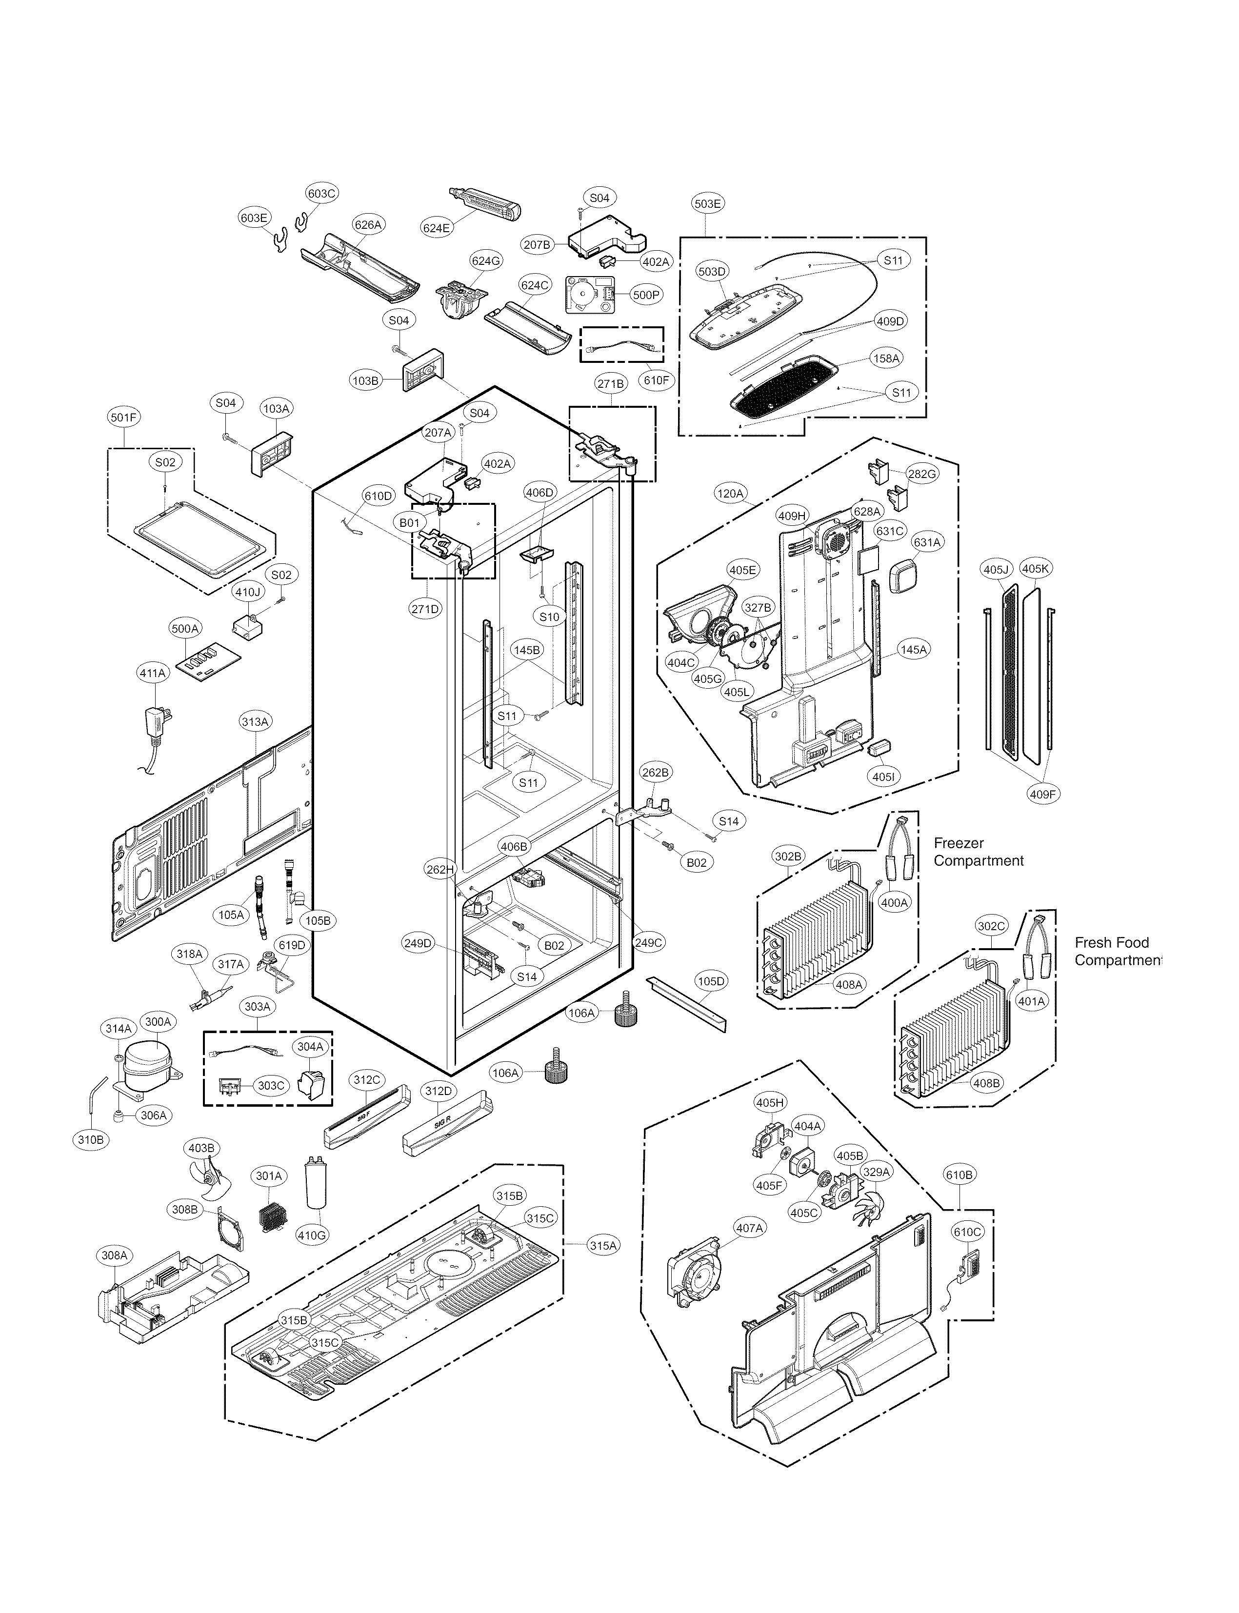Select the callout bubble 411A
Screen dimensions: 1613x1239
click(x=153, y=673)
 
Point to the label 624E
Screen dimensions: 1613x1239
click(x=437, y=228)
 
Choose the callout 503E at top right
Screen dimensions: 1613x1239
click(x=707, y=203)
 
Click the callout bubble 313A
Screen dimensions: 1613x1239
click(x=255, y=721)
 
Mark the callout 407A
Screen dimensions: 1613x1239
click(x=749, y=1228)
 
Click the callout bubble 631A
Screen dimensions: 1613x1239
click(x=927, y=542)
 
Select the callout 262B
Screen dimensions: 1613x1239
click(x=655, y=772)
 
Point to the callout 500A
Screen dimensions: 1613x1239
click(x=185, y=628)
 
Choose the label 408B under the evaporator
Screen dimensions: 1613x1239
click(x=987, y=1083)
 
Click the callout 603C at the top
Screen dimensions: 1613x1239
click(x=321, y=194)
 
